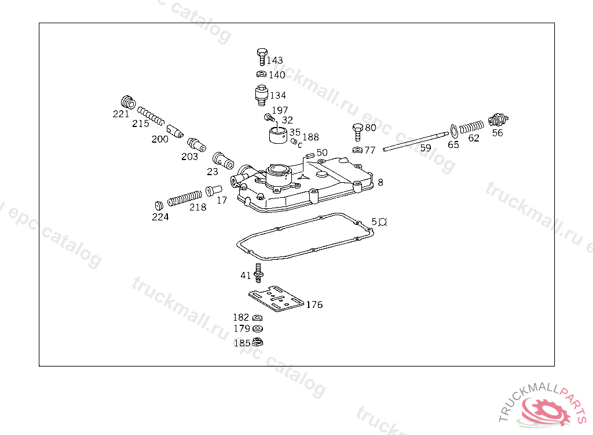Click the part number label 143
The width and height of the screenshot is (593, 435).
click(275, 60)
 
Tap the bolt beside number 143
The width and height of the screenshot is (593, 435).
click(261, 57)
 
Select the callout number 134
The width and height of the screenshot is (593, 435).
click(278, 95)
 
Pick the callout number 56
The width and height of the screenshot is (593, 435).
click(497, 133)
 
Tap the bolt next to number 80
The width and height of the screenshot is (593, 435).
click(357, 130)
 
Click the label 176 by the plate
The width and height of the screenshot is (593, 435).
click(314, 304)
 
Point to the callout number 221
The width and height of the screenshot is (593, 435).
click(121, 114)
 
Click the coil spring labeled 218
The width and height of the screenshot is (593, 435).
click(185, 198)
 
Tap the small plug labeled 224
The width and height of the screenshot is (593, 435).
click(158, 205)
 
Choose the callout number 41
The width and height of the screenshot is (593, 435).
click(246, 275)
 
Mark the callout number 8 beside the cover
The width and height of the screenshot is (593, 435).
click(380, 182)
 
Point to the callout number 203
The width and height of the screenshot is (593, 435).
click(189, 156)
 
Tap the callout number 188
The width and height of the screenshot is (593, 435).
click(310, 137)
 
